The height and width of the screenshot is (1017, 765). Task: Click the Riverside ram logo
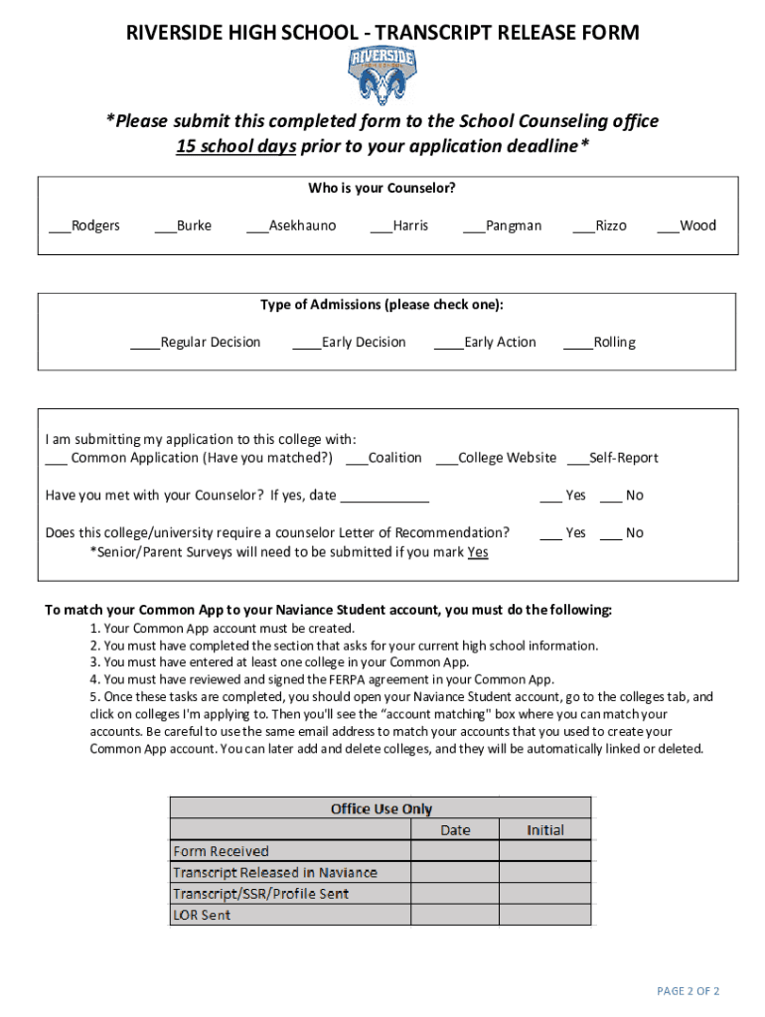point(382,75)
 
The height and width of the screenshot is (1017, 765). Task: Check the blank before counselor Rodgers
point(60,226)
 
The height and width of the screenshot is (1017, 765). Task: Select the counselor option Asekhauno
point(256,226)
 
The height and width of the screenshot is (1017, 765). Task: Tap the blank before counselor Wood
point(668,226)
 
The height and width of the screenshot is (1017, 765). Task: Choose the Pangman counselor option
point(474,226)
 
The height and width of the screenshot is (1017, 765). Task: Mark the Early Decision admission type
point(307,344)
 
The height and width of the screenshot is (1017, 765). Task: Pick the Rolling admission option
point(578,344)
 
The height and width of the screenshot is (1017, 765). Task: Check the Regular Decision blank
point(146,344)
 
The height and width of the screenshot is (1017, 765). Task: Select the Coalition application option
point(357,459)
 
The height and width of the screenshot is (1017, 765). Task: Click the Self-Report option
point(577,459)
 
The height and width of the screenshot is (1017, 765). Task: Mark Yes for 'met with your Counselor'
point(551,496)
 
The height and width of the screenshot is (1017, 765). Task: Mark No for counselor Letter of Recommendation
point(612,533)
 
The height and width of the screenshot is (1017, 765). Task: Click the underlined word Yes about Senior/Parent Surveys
point(477,552)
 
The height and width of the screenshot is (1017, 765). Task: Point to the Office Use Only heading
point(381,808)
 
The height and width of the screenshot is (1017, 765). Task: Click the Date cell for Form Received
point(454,851)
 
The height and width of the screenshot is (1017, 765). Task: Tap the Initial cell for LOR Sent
point(544,915)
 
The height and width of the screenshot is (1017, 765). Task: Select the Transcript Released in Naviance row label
point(275,872)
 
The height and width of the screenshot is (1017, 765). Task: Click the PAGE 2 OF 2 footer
point(688,991)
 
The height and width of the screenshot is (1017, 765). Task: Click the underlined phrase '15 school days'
point(235,146)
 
